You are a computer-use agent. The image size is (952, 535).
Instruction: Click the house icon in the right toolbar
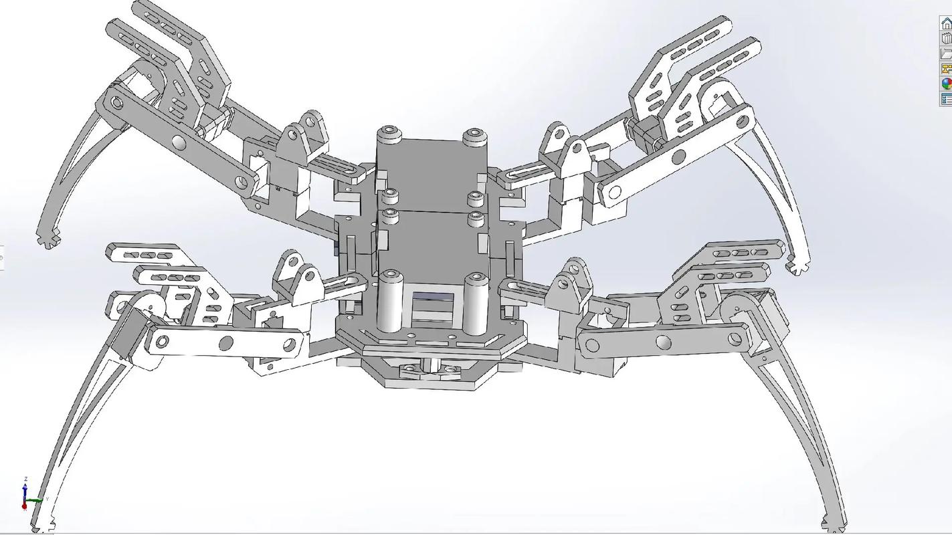[946, 23]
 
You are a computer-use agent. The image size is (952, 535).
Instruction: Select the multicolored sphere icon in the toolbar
[946, 84]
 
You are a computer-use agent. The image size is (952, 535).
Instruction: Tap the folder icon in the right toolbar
[946, 53]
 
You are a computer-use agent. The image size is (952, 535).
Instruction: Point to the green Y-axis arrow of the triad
[37, 500]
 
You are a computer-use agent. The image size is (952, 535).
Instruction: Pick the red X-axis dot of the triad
[24, 506]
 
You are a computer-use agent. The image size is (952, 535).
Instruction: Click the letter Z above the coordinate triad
[25, 479]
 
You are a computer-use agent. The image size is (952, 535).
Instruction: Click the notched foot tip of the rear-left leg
[48, 237]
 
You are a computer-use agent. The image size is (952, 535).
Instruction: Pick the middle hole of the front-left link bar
[226, 344]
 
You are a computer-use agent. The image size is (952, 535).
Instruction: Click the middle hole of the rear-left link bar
[179, 142]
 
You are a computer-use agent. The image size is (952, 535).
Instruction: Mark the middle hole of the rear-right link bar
[678, 158]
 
